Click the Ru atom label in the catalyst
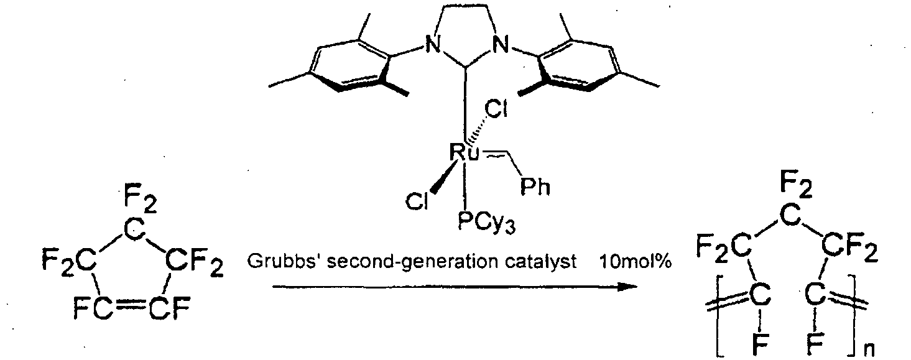[x=465, y=152]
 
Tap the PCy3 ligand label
[x=486, y=222]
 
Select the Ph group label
[x=535, y=187]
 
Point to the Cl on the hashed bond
[x=497, y=109]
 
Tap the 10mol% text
[x=636, y=262]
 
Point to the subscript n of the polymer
[x=869, y=349]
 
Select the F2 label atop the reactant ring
[x=140, y=201]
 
